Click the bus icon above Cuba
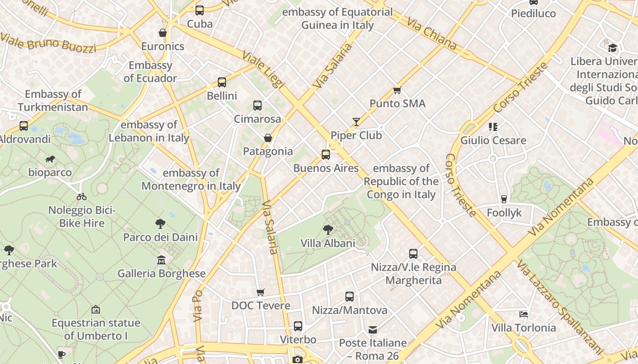click(x=200, y=10)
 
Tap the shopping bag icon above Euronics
click(x=163, y=33)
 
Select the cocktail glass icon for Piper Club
click(x=356, y=122)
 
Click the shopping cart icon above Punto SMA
click(x=397, y=90)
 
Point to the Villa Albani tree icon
click(x=328, y=230)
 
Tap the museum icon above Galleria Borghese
click(x=161, y=260)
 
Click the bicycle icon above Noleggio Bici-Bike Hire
click(x=82, y=197)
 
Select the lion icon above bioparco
click(x=50, y=159)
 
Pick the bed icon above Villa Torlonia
click(x=524, y=314)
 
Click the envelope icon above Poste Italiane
click(x=373, y=329)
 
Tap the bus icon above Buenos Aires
click(x=326, y=155)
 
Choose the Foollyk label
click(x=504, y=213)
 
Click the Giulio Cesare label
click(x=493, y=140)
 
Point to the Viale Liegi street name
click(x=263, y=70)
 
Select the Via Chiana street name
click(x=432, y=34)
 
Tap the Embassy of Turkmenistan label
click(x=53, y=101)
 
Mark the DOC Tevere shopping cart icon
click(x=260, y=292)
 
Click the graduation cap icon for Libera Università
click(x=612, y=48)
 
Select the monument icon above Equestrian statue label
click(x=96, y=309)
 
